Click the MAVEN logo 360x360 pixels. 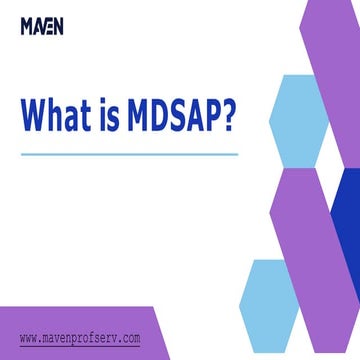coord(41,26)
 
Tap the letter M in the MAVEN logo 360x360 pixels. coord(26,26)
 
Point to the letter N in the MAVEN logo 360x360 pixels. coord(57,26)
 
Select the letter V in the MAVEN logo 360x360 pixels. coord(42,26)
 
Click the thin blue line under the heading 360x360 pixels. coord(129,154)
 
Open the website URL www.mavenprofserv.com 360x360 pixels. coord(80,338)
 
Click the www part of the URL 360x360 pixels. coord(30,338)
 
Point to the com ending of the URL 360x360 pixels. coord(131,338)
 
